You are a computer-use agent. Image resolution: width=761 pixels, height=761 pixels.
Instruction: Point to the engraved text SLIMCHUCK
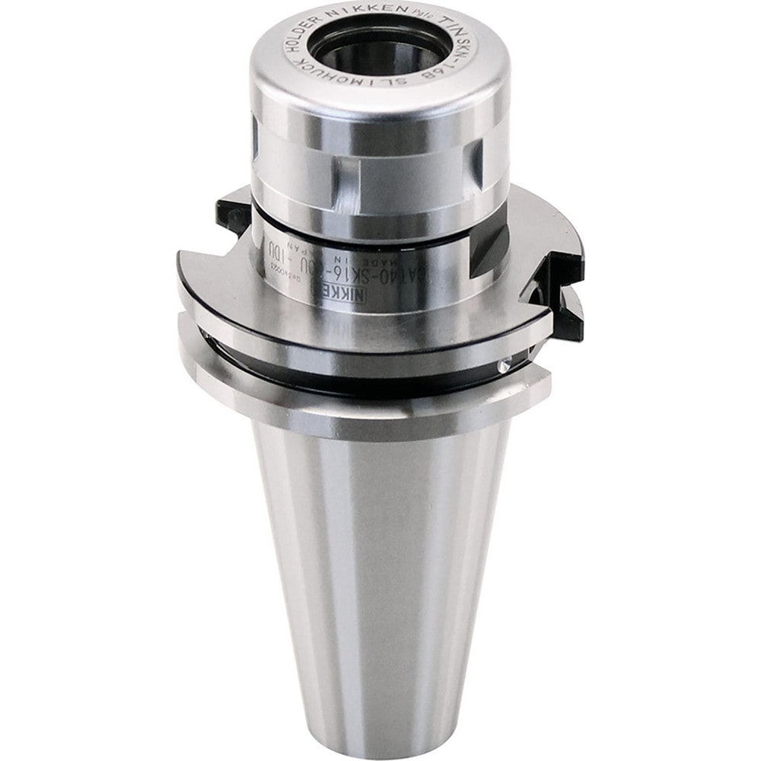coord(427,75)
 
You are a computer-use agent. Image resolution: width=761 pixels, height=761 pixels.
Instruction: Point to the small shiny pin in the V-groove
coord(505,367)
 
